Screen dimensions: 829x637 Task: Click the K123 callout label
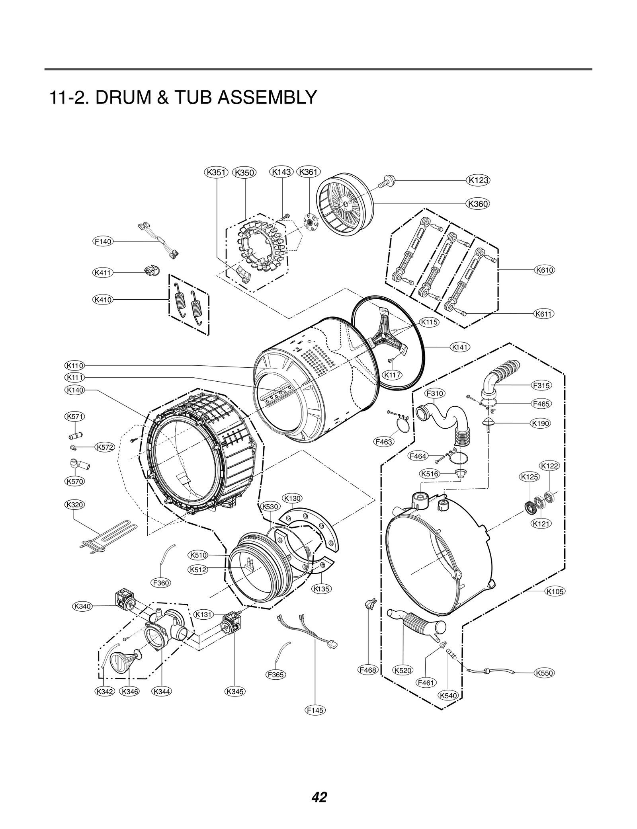click(x=478, y=180)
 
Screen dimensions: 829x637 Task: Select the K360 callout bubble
click(x=478, y=204)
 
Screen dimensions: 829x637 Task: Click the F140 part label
click(x=103, y=242)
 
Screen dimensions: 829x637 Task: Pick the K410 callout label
click(x=103, y=300)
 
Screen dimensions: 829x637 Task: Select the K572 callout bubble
click(x=105, y=447)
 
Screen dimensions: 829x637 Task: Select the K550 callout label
click(x=544, y=673)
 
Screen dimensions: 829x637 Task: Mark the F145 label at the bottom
click(x=315, y=710)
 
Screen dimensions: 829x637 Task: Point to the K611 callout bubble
click(x=544, y=314)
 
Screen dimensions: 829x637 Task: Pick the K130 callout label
click(x=292, y=498)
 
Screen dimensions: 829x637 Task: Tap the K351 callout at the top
click(x=216, y=172)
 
